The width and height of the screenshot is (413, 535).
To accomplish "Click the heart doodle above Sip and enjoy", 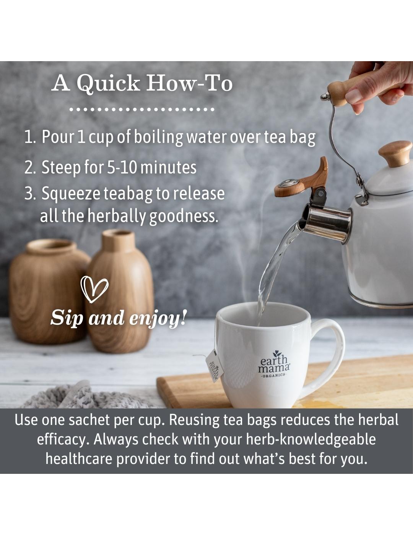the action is pos(94,289).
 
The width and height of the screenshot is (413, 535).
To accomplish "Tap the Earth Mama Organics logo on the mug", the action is pos(274,363).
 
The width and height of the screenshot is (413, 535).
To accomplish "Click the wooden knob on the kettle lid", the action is pos(395,154).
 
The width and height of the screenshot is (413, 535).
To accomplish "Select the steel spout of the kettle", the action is pos(325,223).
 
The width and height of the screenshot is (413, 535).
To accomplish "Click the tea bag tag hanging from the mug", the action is pos(215,366).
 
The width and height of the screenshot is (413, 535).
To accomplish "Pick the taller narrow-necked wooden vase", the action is pos(119,290).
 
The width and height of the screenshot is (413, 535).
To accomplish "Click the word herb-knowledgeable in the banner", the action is pos(311,440).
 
